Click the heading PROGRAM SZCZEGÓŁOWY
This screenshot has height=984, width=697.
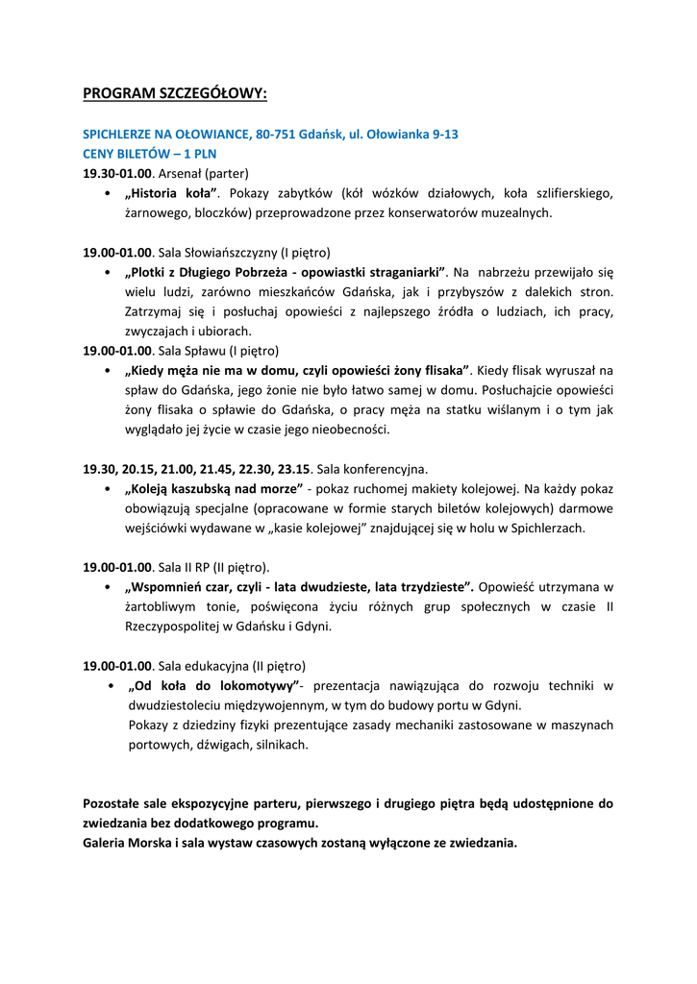(175, 93)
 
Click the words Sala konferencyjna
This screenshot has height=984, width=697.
(372, 469)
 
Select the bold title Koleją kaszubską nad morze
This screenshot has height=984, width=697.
(213, 488)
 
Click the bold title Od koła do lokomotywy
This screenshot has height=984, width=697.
(214, 685)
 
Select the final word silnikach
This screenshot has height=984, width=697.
(283, 744)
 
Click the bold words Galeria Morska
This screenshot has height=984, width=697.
(128, 843)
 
